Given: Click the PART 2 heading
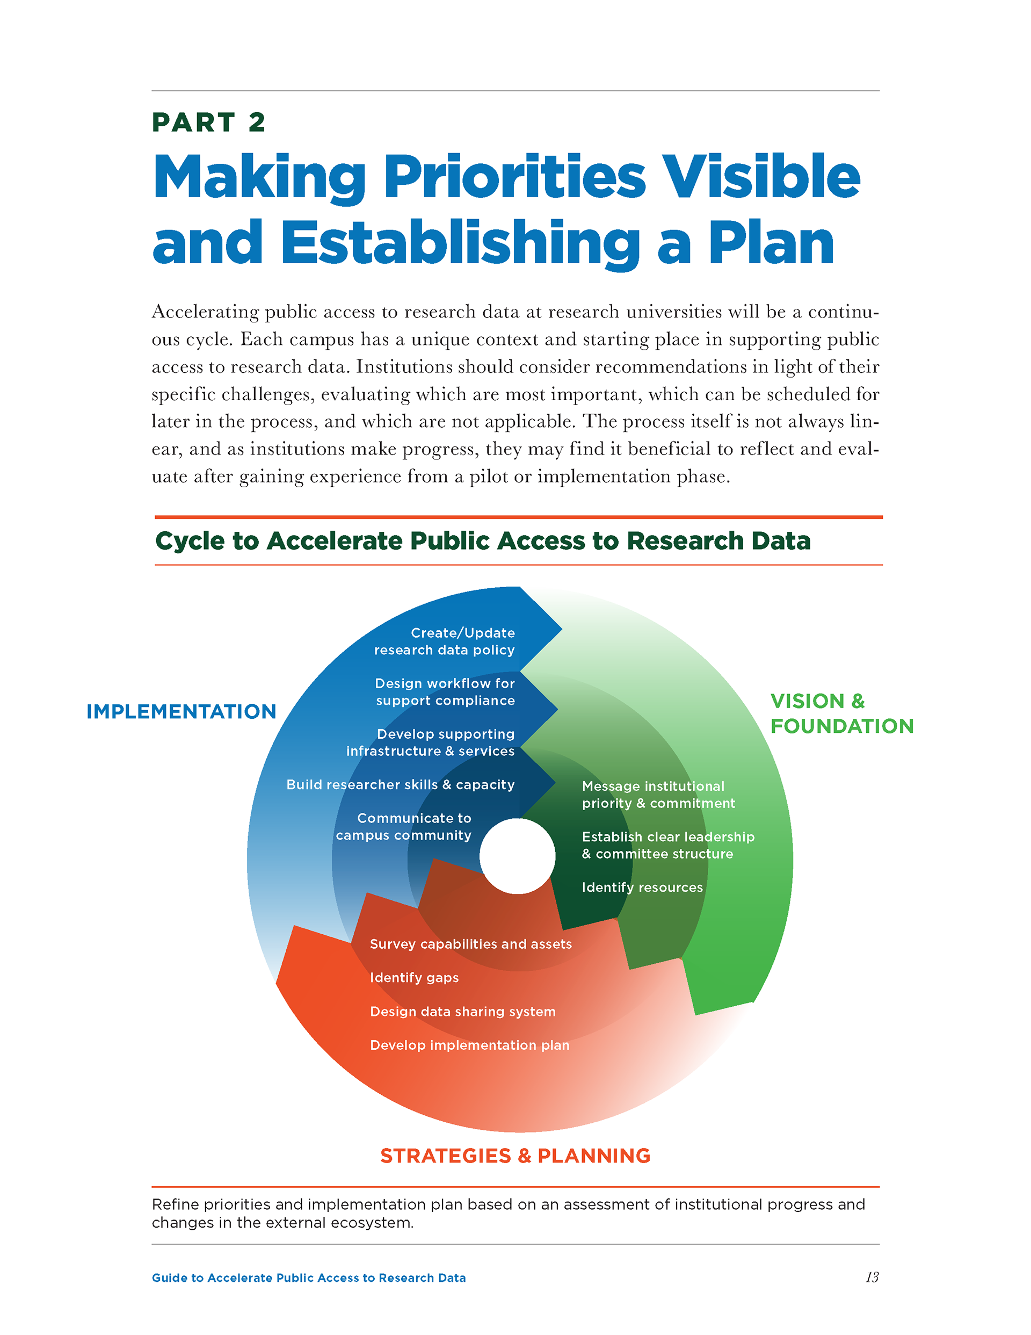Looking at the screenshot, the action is click(x=208, y=123).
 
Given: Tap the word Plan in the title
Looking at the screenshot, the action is click(x=771, y=243).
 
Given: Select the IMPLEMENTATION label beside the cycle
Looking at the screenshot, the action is click(x=181, y=711).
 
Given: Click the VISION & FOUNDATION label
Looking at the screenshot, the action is click(x=841, y=713).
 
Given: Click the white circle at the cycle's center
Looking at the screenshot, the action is click(x=517, y=856).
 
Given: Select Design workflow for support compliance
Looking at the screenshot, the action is click(x=445, y=692).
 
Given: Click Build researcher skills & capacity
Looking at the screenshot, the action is click(x=400, y=784).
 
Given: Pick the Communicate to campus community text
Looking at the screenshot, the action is click(x=404, y=826).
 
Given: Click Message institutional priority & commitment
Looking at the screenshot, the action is click(x=658, y=795).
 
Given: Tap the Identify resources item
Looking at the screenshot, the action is click(x=642, y=887).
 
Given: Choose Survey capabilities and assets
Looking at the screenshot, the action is click(x=470, y=944).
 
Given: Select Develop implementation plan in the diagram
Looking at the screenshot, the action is click(x=469, y=1045).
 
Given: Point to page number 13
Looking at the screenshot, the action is click(x=872, y=1278).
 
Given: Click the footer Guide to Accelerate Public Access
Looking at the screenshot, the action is click(x=309, y=1278).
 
